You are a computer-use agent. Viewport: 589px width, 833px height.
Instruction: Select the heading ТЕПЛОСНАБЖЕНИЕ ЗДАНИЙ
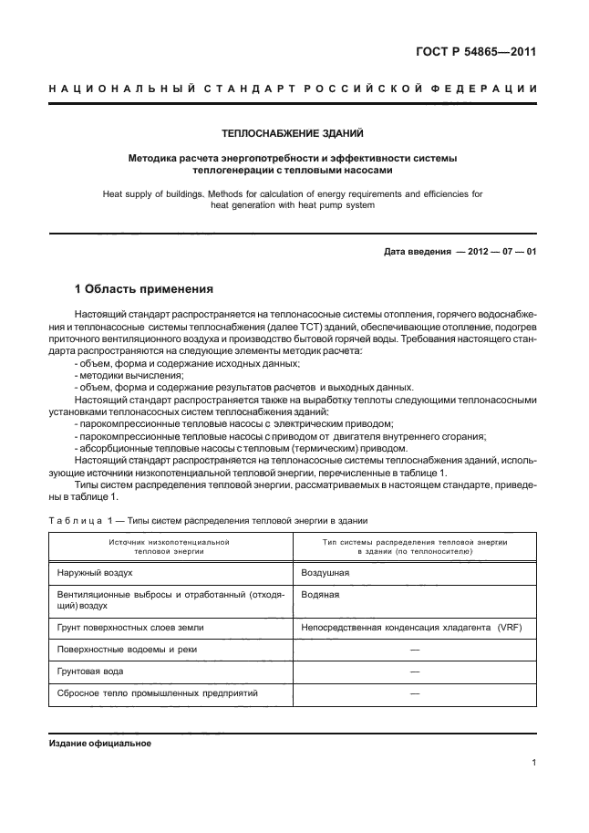(293, 133)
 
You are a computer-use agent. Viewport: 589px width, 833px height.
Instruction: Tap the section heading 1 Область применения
(144, 289)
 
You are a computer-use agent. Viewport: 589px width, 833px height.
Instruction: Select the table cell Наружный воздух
(95, 573)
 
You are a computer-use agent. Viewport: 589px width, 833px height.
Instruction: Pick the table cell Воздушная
(325, 573)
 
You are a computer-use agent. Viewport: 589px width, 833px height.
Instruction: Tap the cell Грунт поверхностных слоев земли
(137, 627)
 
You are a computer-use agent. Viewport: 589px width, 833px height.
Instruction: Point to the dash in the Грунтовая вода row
(415, 671)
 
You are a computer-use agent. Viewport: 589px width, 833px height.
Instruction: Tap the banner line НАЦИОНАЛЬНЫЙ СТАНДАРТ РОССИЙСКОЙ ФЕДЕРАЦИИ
(293, 89)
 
